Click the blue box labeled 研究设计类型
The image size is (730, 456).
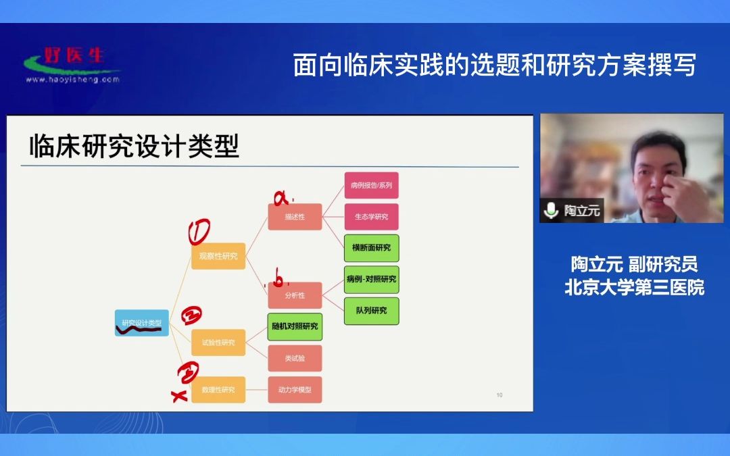coord(141,323)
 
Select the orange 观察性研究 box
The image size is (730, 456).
coord(218,256)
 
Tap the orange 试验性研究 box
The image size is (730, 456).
coord(218,343)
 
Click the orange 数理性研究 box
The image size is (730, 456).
coord(218,390)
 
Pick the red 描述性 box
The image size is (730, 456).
coord(295,217)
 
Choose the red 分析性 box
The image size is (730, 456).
coord(295,295)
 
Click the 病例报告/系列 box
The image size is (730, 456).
coord(371,185)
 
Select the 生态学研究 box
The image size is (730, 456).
coord(371,217)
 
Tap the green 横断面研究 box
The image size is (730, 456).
coord(371,248)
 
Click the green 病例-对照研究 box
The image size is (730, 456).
coord(371,279)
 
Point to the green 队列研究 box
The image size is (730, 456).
coord(371,311)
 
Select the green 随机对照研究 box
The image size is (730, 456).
coord(295,326)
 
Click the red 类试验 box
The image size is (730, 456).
coord(295,358)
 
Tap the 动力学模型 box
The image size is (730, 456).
coord(295,390)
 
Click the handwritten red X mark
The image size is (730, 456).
coord(180,397)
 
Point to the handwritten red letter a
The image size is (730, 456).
coord(281,198)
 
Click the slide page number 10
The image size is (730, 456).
coord(499,395)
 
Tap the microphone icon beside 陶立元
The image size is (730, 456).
coord(552,211)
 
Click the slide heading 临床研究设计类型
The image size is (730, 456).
coord(134,146)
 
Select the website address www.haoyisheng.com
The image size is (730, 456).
coord(72,79)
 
